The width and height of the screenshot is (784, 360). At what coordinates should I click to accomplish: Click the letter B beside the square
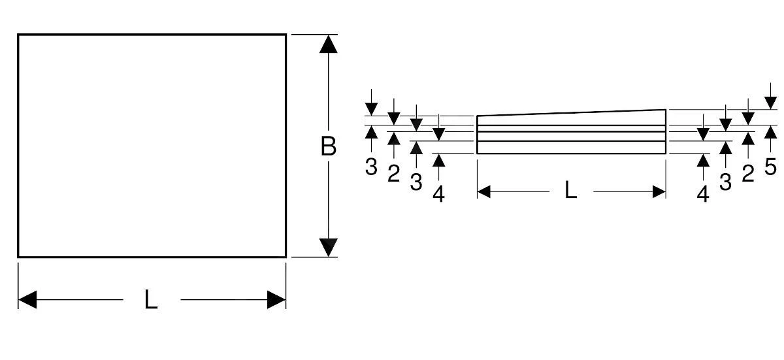pyautogui.click(x=329, y=146)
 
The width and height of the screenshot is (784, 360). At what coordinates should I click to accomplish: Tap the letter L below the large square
pyautogui.click(x=151, y=300)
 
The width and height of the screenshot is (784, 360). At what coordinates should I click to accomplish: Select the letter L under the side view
pyautogui.click(x=570, y=191)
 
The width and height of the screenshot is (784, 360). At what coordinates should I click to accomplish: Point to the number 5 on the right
pyautogui.click(x=770, y=166)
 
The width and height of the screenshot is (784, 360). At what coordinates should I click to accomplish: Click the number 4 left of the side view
pyautogui.click(x=439, y=194)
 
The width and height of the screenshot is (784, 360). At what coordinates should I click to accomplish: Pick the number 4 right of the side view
pyautogui.click(x=703, y=194)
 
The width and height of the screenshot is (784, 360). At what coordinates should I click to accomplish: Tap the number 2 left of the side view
pyautogui.click(x=393, y=174)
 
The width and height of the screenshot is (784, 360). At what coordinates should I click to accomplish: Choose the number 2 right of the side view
pyautogui.click(x=748, y=172)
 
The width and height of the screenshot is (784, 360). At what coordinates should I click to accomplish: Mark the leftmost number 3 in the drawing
pyautogui.click(x=371, y=167)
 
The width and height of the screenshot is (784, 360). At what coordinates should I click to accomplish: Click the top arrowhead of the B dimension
pyautogui.click(x=329, y=44)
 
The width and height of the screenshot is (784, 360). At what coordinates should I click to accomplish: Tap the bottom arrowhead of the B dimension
pyautogui.click(x=329, y=248)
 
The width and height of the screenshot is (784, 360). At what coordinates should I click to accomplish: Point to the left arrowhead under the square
pyautogui.click(x=27, y=300)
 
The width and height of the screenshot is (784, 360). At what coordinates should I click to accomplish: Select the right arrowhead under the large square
pyautogui.click(x=276, y=300)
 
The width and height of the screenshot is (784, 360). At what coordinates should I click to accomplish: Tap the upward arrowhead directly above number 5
pyautogui.click(x=770, y=133)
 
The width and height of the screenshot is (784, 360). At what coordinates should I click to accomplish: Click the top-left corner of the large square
pyautogui.click(x=18, y=35)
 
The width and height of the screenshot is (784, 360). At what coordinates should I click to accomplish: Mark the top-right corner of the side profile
pyautogui.click(x=666, y=110)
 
